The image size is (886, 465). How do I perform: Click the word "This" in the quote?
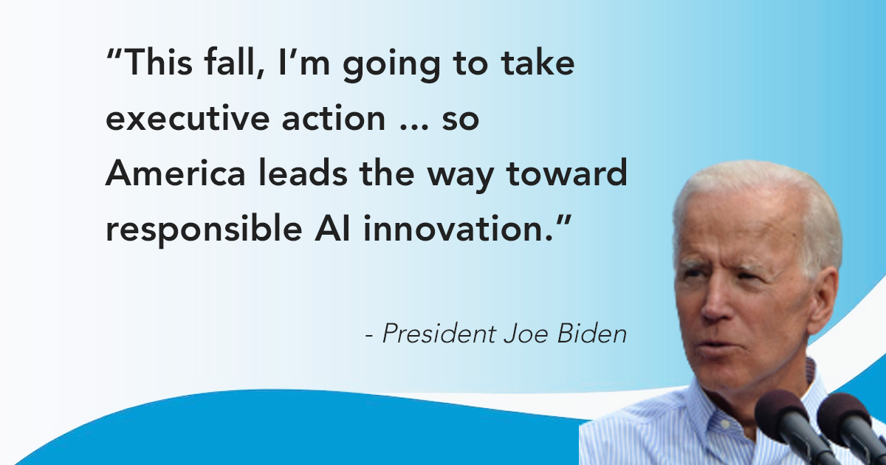(x=158, y=63)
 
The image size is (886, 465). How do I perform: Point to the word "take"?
(x=538, y=63)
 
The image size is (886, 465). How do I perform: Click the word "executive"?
(x=188, y=118)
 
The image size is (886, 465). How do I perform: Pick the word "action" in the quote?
(x=334, y=118)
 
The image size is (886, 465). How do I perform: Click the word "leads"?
(x=303, y=173)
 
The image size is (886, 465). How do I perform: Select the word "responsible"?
(x=204, y=230)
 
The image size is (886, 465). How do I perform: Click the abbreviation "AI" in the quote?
(x=332, y=228)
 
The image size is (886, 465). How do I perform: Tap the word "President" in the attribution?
(x=439, y=334)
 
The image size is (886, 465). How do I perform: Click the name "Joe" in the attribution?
(x=526, y=334)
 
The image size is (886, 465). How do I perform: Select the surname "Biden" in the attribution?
(x=592, y=334)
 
